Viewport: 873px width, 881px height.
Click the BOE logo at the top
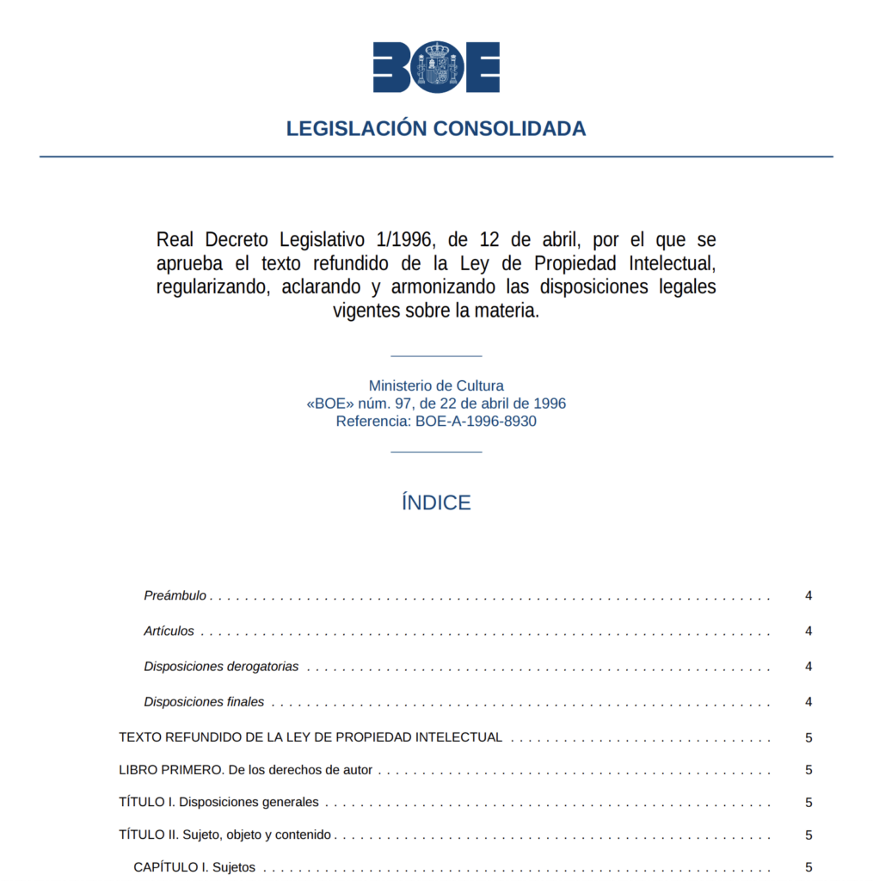(x=436, y=67)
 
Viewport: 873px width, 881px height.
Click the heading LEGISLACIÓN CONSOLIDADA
(x=436, y=129)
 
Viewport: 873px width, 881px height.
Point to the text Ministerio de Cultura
(x=436, y=386)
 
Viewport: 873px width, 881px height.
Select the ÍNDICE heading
(x=436, y=503)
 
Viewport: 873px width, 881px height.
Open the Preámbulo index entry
(x=175, y=595)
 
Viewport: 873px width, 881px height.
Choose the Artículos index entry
(x=169, y=631)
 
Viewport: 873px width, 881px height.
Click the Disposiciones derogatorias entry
(x=222, y=666)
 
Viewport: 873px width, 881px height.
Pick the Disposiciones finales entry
(x=205, y=701)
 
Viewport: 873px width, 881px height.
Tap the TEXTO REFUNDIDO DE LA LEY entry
(x=310, y=737)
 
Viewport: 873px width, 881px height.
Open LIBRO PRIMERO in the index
(x=246, y=770)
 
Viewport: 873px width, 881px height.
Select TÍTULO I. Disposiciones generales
(x=218, y=802)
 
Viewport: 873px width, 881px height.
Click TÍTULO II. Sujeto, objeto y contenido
(x=225, y=835)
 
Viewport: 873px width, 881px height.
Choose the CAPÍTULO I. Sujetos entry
(x=194, y=867)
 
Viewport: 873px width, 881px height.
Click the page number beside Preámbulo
(x=808, y=595)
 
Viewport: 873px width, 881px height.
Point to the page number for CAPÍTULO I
(x=808, y=867)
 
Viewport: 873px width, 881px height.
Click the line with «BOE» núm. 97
(x=436, y=404)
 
